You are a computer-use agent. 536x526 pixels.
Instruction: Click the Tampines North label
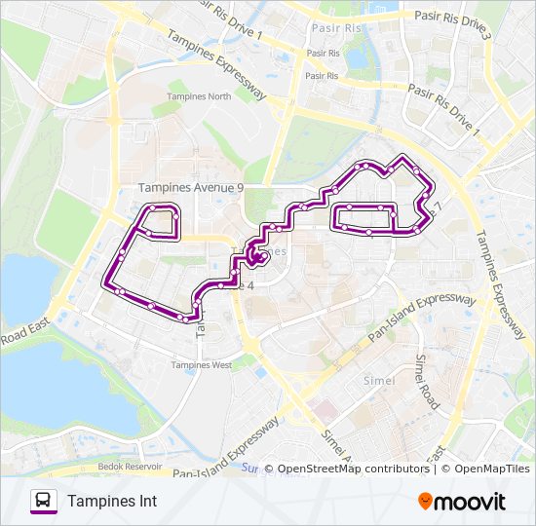click(199, 96)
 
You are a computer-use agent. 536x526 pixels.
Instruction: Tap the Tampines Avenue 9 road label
click(191, 187)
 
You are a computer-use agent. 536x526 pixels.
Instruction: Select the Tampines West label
click(201, 365)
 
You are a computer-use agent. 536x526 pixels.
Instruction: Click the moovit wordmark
click(472, 502)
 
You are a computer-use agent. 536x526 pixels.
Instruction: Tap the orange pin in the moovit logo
click(425, 502)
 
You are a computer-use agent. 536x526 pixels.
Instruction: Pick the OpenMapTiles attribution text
click(486, 469)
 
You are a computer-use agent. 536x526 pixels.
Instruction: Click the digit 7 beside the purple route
click(438, 207)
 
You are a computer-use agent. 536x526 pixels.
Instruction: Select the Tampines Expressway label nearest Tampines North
click(215, 64)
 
